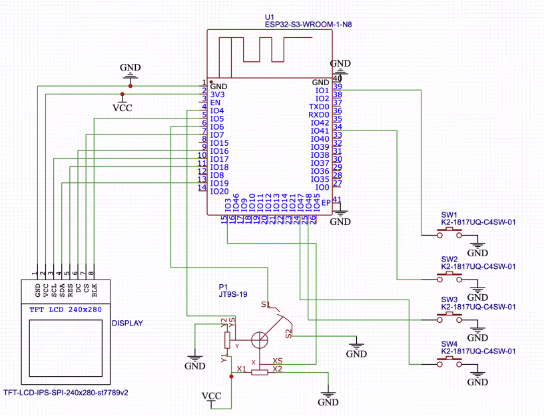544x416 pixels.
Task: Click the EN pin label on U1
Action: click(x=214, y=103)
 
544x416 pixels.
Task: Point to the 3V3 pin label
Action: click(x=217, y=95)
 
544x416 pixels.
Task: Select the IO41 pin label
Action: click(x=320, y=131)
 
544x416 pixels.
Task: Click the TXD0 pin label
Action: click(x=319, y=106)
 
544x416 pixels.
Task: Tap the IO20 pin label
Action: click(x=219, y=192)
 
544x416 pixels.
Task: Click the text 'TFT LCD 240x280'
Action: click(x=65, y=310)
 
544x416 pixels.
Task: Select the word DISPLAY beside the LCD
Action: click(x=127, y=323)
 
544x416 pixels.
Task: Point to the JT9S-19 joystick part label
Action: click(x=234, y=294)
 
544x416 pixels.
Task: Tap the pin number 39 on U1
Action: click(x=338, y=87)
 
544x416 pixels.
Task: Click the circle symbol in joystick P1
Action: click(x=260, y=339)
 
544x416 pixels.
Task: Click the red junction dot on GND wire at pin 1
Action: click(x=131, y=86)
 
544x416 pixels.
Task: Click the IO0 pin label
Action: click(x=322, y=188)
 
